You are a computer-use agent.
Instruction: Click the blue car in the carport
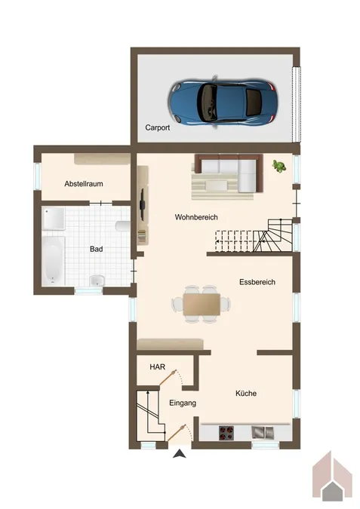pyautogui.click(x=223, y=103)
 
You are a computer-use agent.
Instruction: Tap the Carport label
pyautogui.click(x=157, y=127)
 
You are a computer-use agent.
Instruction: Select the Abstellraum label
pyautogui.click(x=84, y=184)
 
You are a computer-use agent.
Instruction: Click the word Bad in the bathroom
pyautogui.click(x=96, y=249)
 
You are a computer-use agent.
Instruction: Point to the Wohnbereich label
pyautogui.click(x=196, y=217)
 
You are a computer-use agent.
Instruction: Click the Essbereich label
pyautogui.click(x=257, y=282)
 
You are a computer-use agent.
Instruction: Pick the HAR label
pyautogui.click(x=158, y=366)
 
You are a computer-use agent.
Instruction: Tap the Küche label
pyautogui.click(x=246, y=393)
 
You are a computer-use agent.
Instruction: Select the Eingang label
pyautogui.click(x=183, y=403)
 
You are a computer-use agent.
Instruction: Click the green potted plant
pyautogui.click(x=279, y=166)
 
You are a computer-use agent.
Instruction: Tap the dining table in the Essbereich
pyautogui.click(x=202, y=304)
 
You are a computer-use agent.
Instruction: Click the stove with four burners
pyautogui.click(x=226, y=433)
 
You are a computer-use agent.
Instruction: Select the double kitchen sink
pyautogui.click(x=263, y=432)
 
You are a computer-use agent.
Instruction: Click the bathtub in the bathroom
pyautogui.click(x=54, y=260)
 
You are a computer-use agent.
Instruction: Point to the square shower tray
pyautogui.click(x=54, y=219)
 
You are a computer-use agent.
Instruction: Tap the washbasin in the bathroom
pyautogui.click(x=97, y=281)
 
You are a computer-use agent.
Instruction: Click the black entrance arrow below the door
pyautogui.click(x=180, y=454)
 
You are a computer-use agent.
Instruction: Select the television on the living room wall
pyautogui.click(x=143, y=204)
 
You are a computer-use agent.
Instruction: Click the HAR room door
pyautogui.click(x=168, y=378)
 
